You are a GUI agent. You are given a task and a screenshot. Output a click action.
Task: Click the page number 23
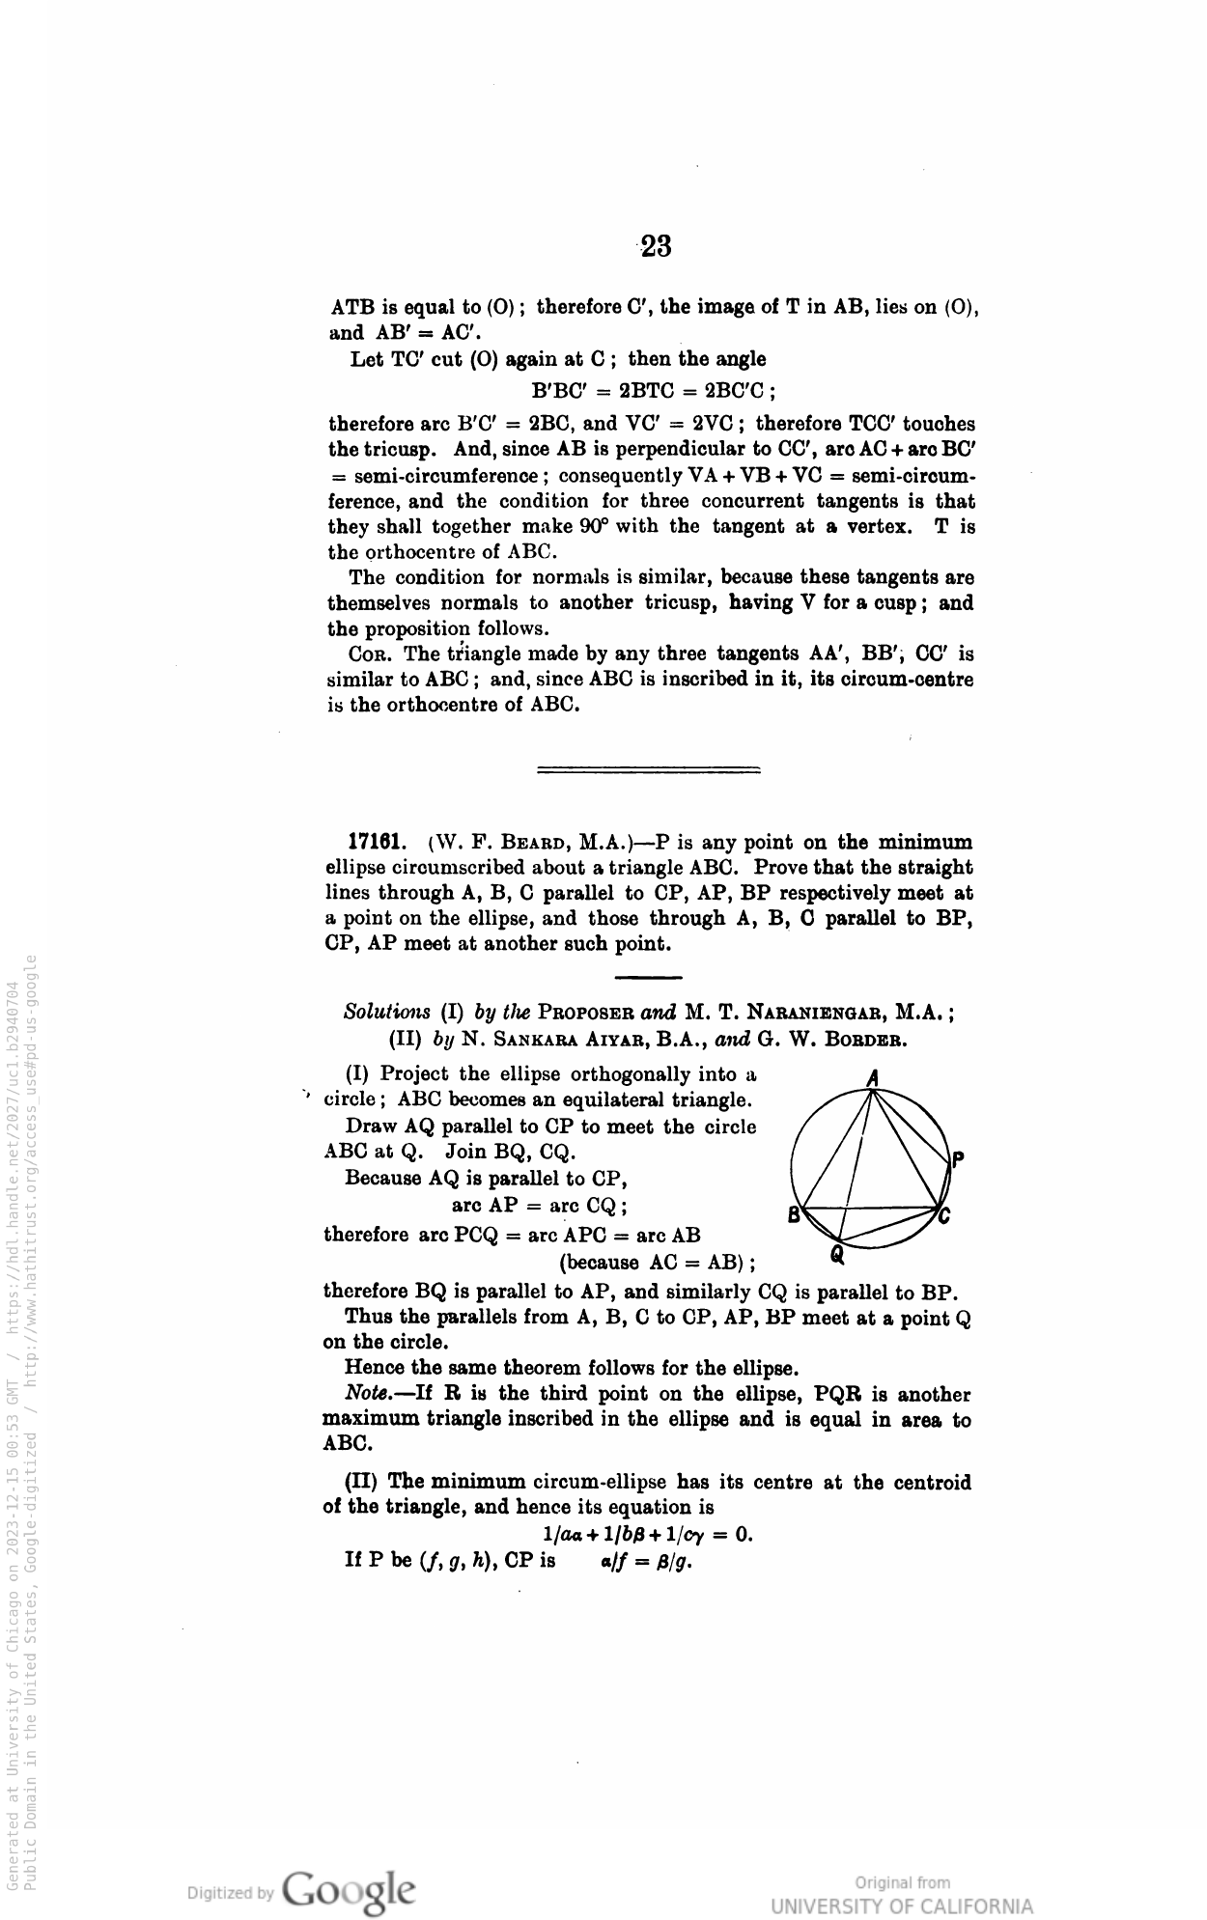click(x=656, y=247)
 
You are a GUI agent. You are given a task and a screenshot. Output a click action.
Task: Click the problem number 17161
click(x=376, y=842)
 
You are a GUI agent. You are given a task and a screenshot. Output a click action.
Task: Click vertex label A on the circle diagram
click(x=872, y=1077)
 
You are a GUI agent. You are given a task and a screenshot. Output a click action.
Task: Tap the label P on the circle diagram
click(x=957, y=1159)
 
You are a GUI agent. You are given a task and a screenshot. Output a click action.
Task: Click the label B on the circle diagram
click(x=794, y=1215)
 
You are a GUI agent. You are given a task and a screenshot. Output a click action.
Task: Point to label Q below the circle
click(x=837, y=1254)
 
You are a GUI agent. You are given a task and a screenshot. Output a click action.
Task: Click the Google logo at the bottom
click(x=351, y=1887)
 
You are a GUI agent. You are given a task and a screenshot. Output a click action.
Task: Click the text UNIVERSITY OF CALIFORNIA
click(x=901, y=1906)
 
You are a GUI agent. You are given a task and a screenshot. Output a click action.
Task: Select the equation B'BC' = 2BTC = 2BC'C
click(x=655, y=391)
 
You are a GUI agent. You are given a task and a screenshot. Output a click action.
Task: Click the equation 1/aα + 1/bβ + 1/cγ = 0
click(x=648, y=1534)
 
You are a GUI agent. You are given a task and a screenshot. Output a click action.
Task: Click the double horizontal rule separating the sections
click(x=648, y=769)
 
